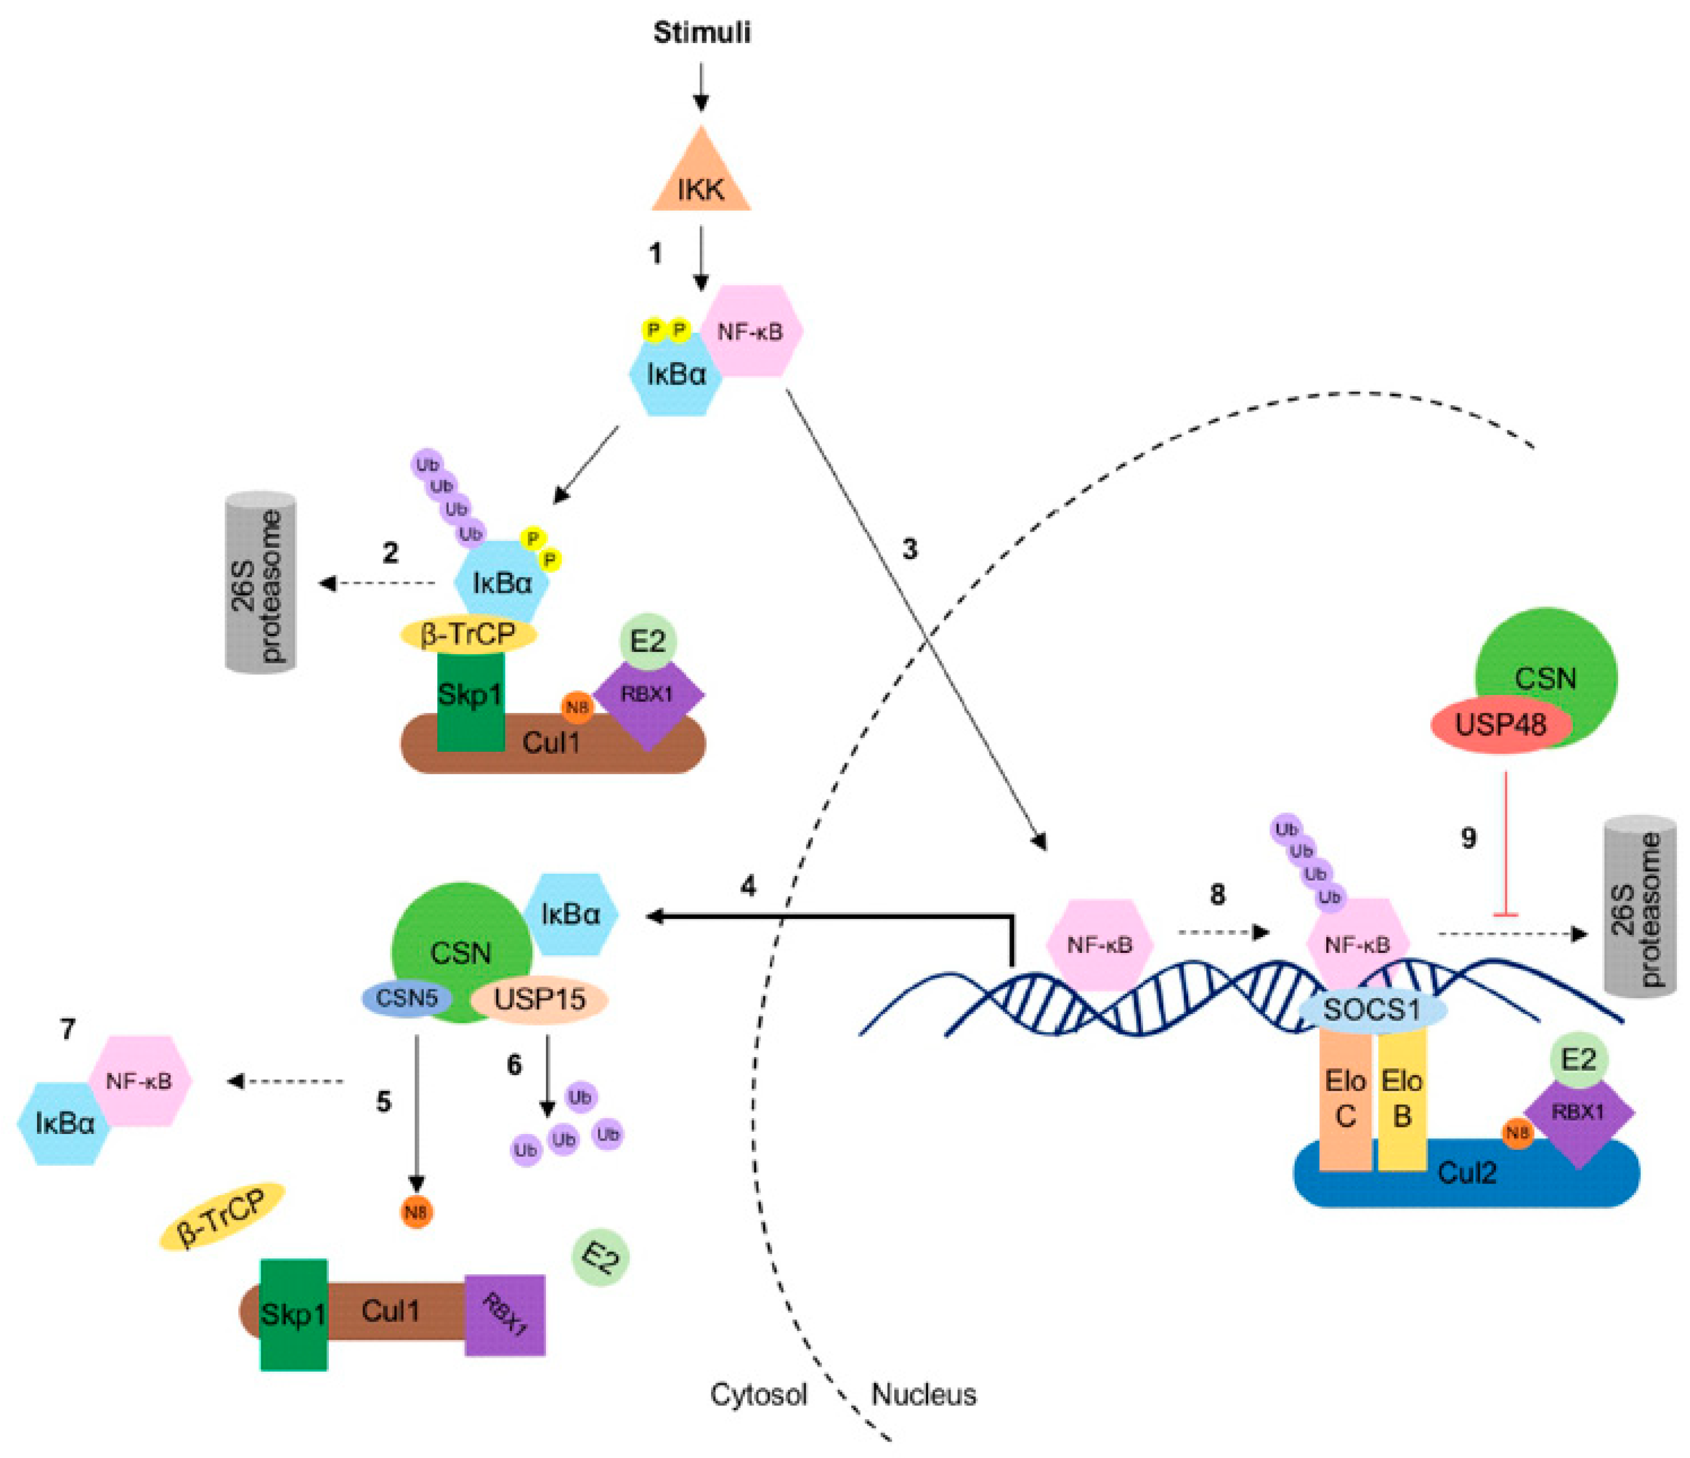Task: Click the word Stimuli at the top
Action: click(701, 33)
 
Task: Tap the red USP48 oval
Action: click(1499, 724)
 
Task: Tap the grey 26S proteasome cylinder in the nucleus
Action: click(1639, 905)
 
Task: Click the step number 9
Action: click(1468, 838)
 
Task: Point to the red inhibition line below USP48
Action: click(1505, 841)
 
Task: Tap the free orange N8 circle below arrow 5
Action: click(416, 1211)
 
